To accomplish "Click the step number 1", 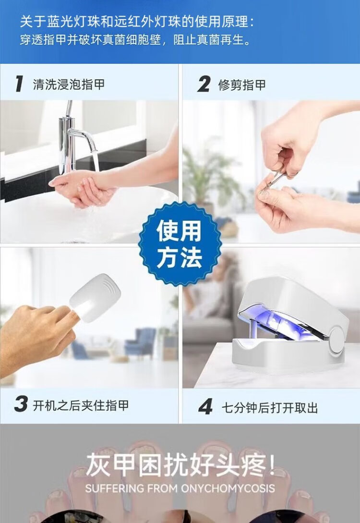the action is coord(19,84).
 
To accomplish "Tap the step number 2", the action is coord(204,84).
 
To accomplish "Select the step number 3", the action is coord(21,404).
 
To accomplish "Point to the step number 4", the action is coord(205,407).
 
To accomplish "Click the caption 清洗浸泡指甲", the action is coord(69,84).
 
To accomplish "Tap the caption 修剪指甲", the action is coord(242,85).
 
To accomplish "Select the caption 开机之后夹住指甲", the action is coord(81,405).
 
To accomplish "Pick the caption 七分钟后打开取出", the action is coord(270,408).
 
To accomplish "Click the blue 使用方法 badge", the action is coord(180,244).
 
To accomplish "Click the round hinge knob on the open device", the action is coord(336,341).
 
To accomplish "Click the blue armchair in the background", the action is coord(140,342).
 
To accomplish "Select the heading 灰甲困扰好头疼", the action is coord(180,464).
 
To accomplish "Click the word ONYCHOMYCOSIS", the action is coord(228,488).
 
